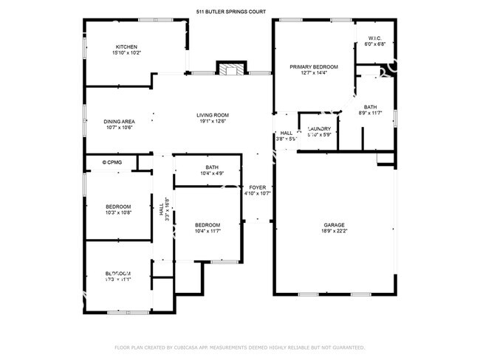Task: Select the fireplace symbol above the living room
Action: tap(229, 69)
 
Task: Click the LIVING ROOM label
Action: tap(212, 115)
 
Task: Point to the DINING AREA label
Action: tap(118, 122)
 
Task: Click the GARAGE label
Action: tap(334, 225)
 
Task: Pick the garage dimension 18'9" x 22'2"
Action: tap(334, 232)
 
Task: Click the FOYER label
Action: tap(257, 187)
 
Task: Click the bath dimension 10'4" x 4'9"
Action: tap(212, 174)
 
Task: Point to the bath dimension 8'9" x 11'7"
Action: tap(369, 113)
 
